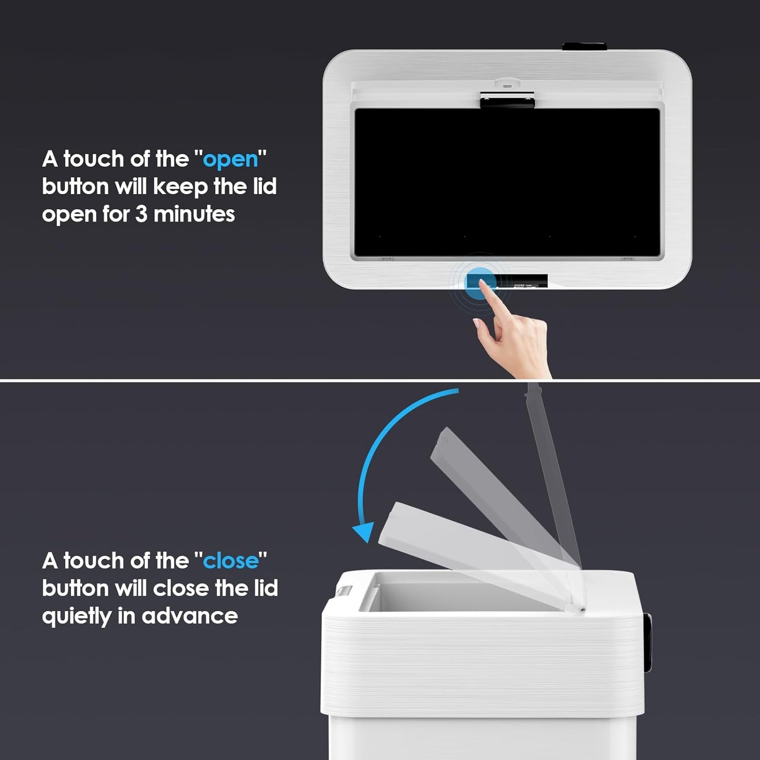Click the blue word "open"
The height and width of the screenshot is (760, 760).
coord(230,159)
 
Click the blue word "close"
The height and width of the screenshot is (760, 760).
coord(231,561)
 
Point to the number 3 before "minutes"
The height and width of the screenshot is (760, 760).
coord(141,214)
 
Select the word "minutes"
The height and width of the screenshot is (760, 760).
coord(194,214)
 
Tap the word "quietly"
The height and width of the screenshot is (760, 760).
coord(77,616)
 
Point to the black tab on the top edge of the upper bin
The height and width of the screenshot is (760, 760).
coord(584,46)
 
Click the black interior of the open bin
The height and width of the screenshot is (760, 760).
coord(507,181)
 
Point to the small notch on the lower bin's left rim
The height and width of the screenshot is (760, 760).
coord(343,592)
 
